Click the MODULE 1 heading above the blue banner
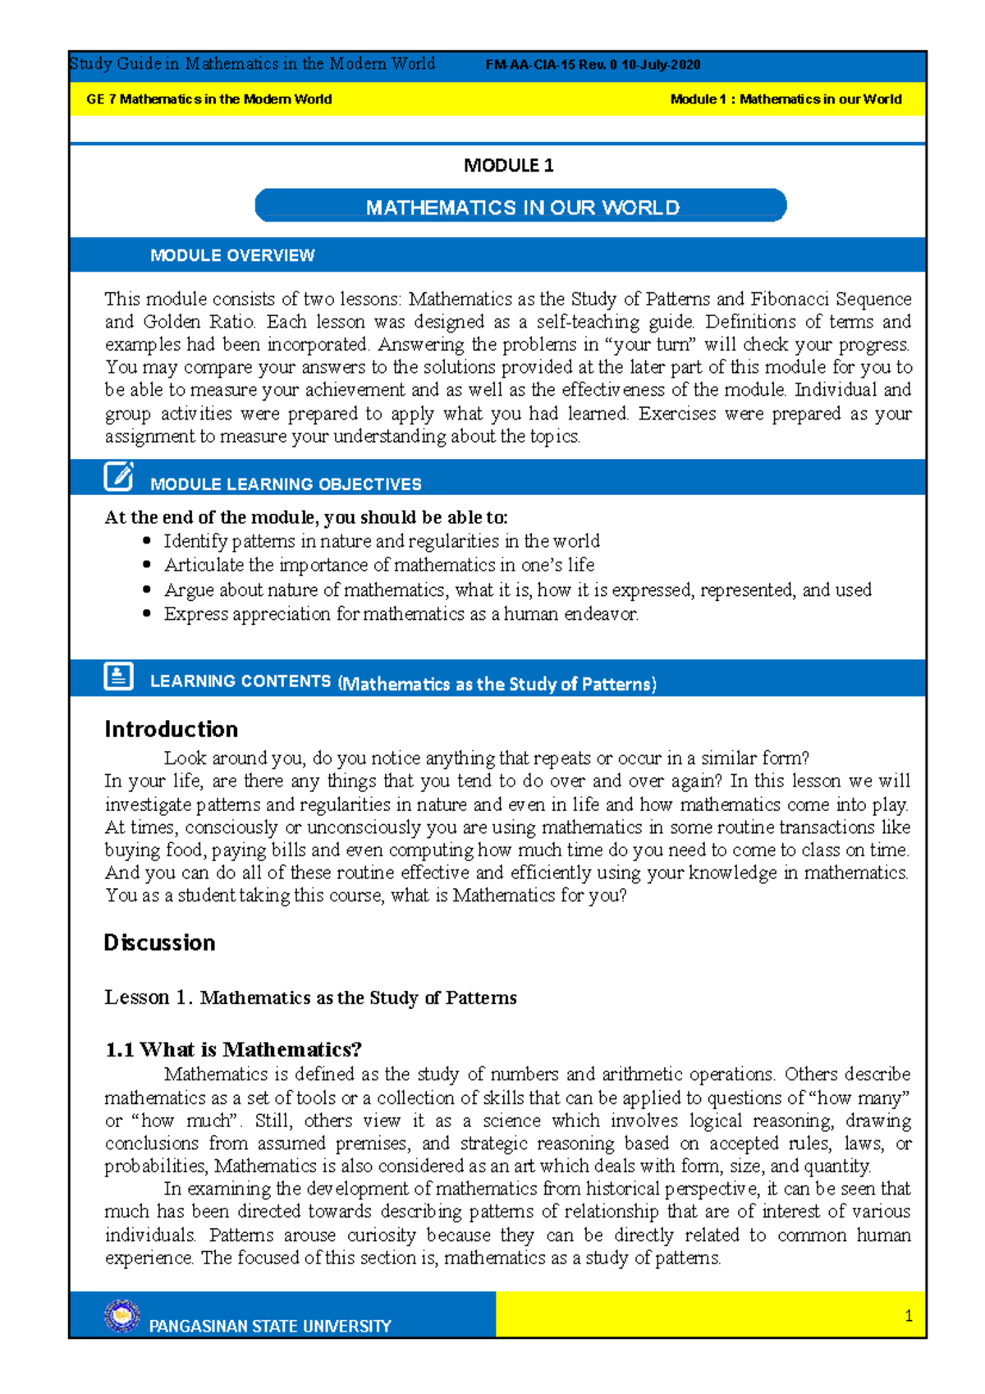coord(508,165)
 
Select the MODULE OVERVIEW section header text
coord(232,255)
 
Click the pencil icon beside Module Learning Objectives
coord(118,476)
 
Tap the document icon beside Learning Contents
coord(118,676)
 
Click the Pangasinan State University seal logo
coord(122,1315)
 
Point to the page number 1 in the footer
coord(908,1316)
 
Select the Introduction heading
coord(171,729)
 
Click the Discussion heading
coord(159,942)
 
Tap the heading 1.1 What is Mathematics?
coord(233,1049)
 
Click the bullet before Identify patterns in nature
coord(147,541)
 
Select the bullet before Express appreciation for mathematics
coord(147,613)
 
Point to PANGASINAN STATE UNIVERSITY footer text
coord(270,1326)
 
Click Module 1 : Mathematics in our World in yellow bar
coord(786,99)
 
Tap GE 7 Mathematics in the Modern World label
coord(208,99)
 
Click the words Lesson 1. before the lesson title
coord(149,997)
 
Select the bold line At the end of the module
coord(305,517)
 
